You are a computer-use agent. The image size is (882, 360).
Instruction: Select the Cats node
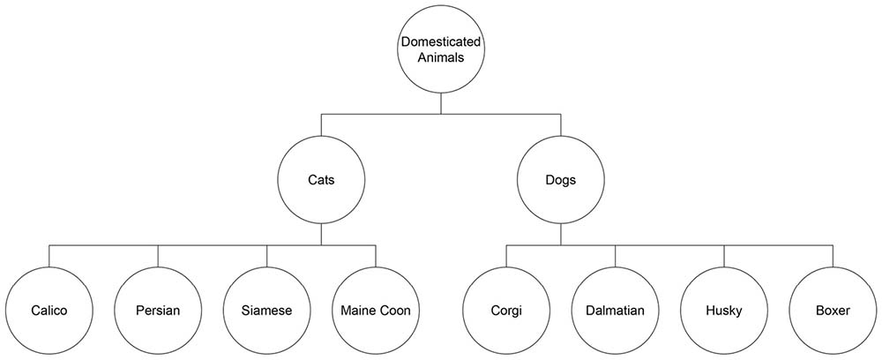click(321, 179)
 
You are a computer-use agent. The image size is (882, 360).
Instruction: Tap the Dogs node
click(561, 179)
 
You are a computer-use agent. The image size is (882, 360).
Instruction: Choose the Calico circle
click(49, 310)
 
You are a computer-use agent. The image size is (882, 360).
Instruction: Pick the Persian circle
click(158, 310)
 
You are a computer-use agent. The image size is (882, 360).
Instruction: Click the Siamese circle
click(267, 310)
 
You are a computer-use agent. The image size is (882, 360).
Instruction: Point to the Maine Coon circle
click(376, 310)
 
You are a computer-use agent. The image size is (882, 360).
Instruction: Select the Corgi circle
click(506, 310)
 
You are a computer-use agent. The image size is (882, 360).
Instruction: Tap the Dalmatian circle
click(616, 310)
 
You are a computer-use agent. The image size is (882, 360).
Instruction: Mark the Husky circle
click(724, 310)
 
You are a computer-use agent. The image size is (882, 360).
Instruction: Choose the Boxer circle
click(833, 310)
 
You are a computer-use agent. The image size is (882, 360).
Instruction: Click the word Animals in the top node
click(441, 58)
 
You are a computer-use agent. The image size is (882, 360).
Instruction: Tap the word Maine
click(357, 310)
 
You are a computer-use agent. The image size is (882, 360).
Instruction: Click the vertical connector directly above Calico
click(49, 255)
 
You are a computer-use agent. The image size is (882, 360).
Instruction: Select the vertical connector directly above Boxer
click(833, 255)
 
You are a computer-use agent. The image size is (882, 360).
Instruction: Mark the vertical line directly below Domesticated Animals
click(441, 103)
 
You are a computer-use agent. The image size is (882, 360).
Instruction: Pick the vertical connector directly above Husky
click(724, 255)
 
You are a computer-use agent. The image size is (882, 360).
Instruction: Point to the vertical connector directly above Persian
click(158, 255)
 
